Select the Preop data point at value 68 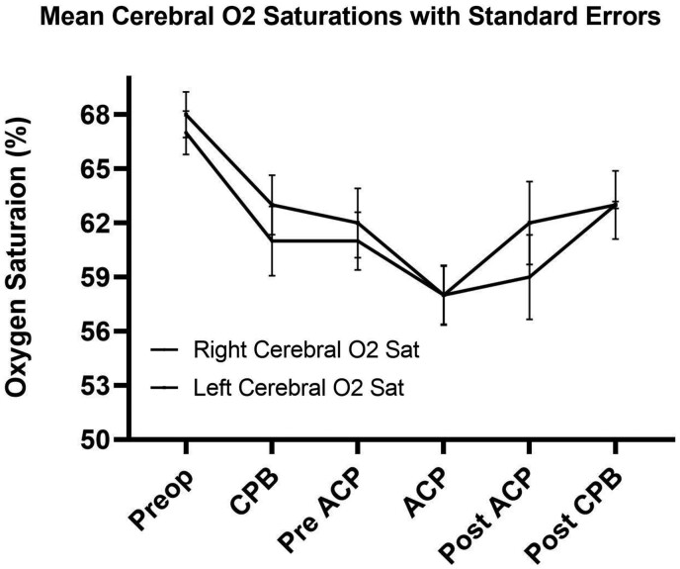tap(185, 113)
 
